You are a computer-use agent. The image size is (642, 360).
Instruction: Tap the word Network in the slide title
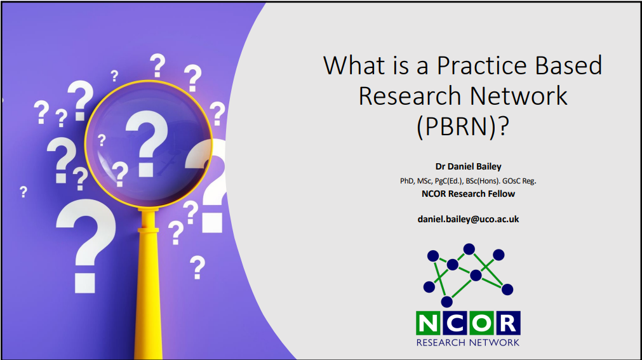(518, 96)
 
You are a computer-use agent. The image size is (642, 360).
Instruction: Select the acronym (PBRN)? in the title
(463, 126)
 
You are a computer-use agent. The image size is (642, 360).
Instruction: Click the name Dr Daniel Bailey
(468, 166)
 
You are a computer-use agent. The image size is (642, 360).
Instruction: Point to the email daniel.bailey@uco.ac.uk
(468, 219)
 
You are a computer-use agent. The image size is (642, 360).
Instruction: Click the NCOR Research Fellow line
(468, 194)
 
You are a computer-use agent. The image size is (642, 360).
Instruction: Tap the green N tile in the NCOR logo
(428, 323)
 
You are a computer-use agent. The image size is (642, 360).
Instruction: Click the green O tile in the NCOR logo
(481, 323)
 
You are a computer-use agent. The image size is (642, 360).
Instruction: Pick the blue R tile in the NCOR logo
(508, 323)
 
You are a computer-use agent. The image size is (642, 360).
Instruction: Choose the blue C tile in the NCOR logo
(455, 323)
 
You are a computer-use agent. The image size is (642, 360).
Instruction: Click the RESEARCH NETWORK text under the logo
(468, 342)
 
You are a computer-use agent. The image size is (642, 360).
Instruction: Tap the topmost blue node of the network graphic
(469, 249)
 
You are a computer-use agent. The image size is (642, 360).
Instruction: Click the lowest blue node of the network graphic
(446, 302)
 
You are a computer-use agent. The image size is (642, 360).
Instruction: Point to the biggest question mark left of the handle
(86, 246)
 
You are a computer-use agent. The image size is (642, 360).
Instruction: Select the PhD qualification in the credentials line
(406, 181)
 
